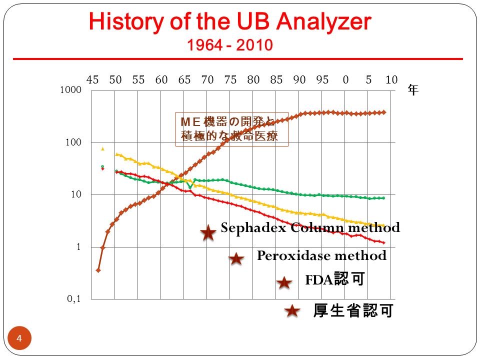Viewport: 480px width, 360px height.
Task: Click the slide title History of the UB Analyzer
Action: [230, 21]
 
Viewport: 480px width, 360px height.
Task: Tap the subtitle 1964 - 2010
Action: [230, 45]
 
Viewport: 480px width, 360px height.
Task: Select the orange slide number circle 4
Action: [19, 338]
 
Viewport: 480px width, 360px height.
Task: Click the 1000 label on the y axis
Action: [70, 89]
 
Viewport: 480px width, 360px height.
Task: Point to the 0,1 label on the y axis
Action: [74, 298]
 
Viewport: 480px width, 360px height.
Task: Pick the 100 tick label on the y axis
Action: [73, 142]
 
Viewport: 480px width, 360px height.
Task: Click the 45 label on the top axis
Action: [92, 79]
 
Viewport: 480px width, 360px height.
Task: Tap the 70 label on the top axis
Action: [207, 79]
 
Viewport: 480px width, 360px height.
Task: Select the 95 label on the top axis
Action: [322, 79]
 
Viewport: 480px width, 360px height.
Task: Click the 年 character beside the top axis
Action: [413, 90]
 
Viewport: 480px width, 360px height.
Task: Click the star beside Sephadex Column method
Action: [208, 232]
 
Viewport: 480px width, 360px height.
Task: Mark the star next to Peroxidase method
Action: [236, 259]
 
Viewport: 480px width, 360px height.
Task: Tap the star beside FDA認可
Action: [284, 282]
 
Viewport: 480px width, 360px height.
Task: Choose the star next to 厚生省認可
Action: [292, 311]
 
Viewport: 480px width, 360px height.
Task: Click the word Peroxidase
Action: [291, 255]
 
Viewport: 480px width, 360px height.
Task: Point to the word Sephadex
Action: [254, 228]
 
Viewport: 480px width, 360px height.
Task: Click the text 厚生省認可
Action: [353, 310]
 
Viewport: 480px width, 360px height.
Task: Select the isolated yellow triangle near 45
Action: [102, 149]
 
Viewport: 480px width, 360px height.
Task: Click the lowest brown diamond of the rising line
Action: [98, 270]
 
